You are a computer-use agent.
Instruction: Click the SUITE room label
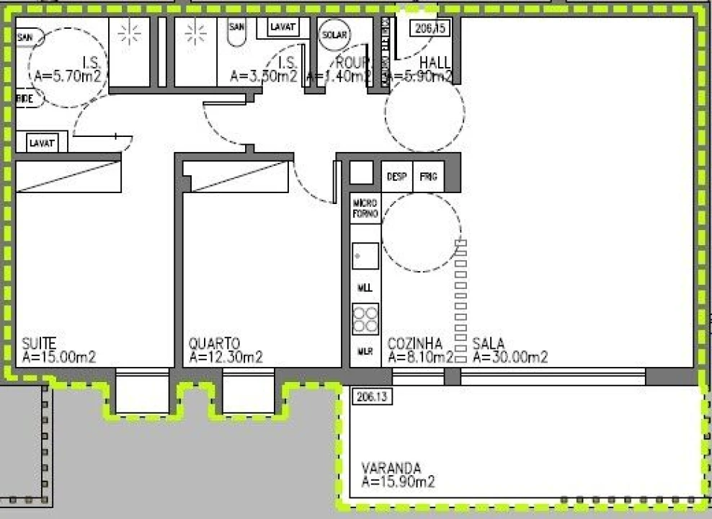tap(39, 343)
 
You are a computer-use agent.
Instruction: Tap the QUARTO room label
tap(214, 343)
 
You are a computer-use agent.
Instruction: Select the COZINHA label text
tap(414, 343)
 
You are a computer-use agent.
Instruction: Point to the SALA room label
tap(489, 343)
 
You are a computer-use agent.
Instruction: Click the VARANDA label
tap(391, 467)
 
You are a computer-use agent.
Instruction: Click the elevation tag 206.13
tap(370, 395)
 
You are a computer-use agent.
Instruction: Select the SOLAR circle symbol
tap(334, 35)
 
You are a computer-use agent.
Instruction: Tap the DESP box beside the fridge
tap(397, 177)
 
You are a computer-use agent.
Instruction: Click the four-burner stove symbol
tap(365, 319)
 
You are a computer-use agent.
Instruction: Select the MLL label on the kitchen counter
tap(365, 288)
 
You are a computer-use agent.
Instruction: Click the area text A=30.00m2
tap(510, 357)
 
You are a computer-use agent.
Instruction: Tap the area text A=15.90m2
tap(399, 482)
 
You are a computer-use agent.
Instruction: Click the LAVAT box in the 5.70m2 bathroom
tap(43, 143)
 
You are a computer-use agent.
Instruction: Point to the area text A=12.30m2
tap(226, 357)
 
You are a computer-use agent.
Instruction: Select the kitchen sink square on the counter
tap(365, 254)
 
